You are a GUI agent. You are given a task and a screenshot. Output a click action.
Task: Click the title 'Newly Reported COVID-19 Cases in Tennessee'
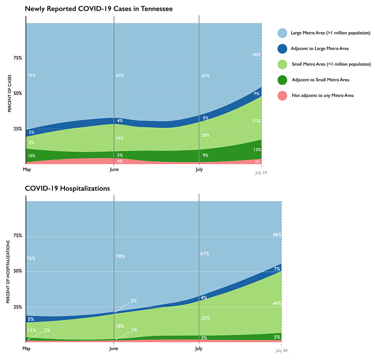(x=99, y=9)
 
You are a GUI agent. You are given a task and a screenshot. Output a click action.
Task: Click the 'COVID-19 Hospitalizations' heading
(x=67, y=189)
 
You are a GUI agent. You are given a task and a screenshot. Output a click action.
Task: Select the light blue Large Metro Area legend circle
(x=282, y=33)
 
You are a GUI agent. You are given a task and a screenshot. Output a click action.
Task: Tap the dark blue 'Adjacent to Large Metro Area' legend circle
(x=282, y=49)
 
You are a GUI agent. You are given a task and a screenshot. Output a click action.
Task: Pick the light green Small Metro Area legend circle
(x=282, y=64)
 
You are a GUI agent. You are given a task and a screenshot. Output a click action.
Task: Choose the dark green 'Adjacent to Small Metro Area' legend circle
(x=282, y=80)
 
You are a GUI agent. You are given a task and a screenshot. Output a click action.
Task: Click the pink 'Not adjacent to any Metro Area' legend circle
(x=282, y=96)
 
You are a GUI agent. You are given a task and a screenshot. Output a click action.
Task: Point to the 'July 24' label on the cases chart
(x=261, y=172)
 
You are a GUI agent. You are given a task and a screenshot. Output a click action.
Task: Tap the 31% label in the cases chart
(x=256, y=121)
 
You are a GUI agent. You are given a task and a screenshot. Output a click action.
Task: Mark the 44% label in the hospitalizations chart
(x=277, y=303)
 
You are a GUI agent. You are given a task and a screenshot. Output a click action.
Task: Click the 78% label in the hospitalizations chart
(x=120, y=256)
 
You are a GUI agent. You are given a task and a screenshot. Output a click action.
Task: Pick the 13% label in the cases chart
(x=257, y=150)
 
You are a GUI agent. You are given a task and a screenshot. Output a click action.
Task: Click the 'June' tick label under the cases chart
(x=113, y=170)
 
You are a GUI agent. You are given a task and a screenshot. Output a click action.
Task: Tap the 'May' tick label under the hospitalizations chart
(x=26, y=348)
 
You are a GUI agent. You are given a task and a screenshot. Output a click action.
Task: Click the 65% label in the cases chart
(x=205, y=76)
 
